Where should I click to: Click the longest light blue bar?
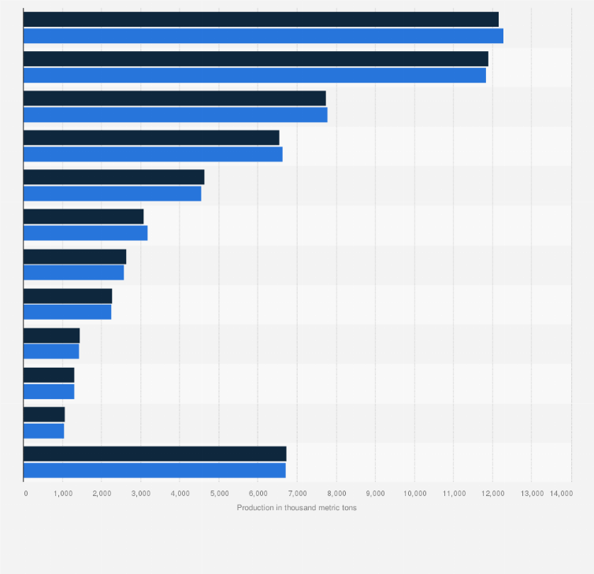[263, 36]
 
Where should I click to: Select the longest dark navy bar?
[261, 20]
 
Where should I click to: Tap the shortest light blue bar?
[43, 431]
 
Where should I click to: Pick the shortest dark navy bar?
[44, 414]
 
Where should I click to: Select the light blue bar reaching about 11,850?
[254, 76]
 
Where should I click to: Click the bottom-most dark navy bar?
[154, 454]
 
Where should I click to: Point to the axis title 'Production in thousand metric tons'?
[296, 508]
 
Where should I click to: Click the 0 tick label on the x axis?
[25, 493]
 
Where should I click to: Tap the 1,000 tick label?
[63, 493]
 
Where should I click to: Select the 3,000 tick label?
[141, 493]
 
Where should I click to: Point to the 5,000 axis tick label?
[219, 493]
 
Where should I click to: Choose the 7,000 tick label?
[297, 493]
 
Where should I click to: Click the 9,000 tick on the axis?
[375, 493]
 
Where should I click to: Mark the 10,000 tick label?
[414, 493]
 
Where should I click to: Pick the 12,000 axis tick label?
[492, 493]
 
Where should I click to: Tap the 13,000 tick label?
[531, 493]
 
